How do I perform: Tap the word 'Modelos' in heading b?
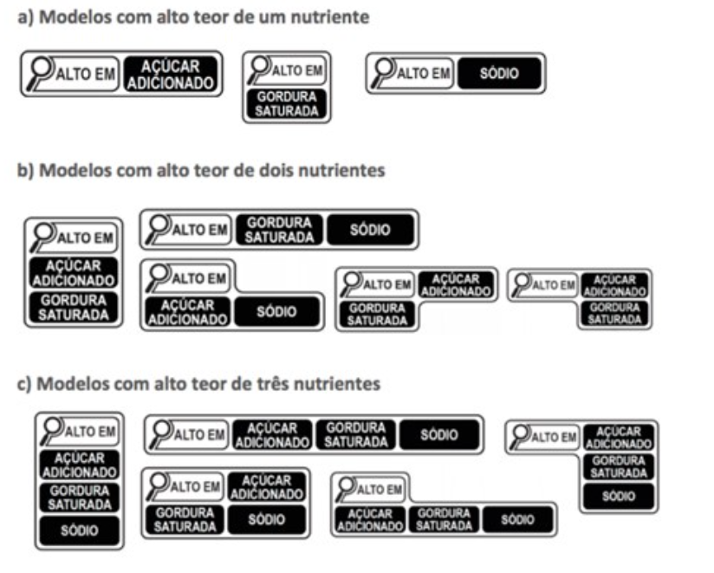[x=73, y=170]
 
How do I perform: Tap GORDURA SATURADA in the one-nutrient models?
[x=287, y=104]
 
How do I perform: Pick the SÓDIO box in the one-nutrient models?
[x=500, y=74]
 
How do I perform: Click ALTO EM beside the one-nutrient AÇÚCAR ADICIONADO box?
[x=85, y=75]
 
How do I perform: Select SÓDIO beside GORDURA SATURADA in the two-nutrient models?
[x=370, y=230]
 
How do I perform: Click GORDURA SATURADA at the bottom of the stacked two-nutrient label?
[x=74, y=307]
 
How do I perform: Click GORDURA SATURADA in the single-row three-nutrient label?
[x=356, y=435]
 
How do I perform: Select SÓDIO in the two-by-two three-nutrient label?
[x=267, y=520]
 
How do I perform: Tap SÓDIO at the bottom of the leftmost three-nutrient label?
[x=79, y=530]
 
